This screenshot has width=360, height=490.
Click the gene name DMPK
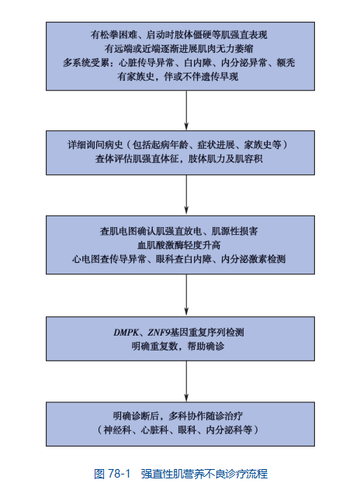click(126, 332)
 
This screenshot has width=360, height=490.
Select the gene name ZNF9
click(159, 332)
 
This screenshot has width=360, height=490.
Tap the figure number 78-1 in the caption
click(119, 474)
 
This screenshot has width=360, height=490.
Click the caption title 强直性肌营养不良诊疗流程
click(204, 474)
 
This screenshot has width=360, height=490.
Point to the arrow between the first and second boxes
click(186, 110)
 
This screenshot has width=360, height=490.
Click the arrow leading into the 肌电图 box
click(186, 195)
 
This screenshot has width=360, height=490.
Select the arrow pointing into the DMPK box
click(186, 295)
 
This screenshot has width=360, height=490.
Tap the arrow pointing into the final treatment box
click(186, 381)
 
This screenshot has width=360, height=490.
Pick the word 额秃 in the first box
click(286, 63)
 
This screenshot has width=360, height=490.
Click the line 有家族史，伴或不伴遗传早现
click(178, 77)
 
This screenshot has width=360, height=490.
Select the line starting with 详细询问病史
click(178, 145)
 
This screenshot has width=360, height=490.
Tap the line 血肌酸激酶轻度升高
click(179, 245)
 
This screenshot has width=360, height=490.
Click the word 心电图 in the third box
click(86, 259)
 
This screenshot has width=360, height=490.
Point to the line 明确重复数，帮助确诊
click(178, 347)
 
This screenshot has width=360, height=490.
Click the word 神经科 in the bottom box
click(117, 430)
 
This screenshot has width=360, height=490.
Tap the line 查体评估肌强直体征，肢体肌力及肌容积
click(179, 159)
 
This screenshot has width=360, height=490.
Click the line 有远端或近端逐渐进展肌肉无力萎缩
click(179, 49)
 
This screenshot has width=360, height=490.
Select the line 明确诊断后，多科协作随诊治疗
click(178, 416)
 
